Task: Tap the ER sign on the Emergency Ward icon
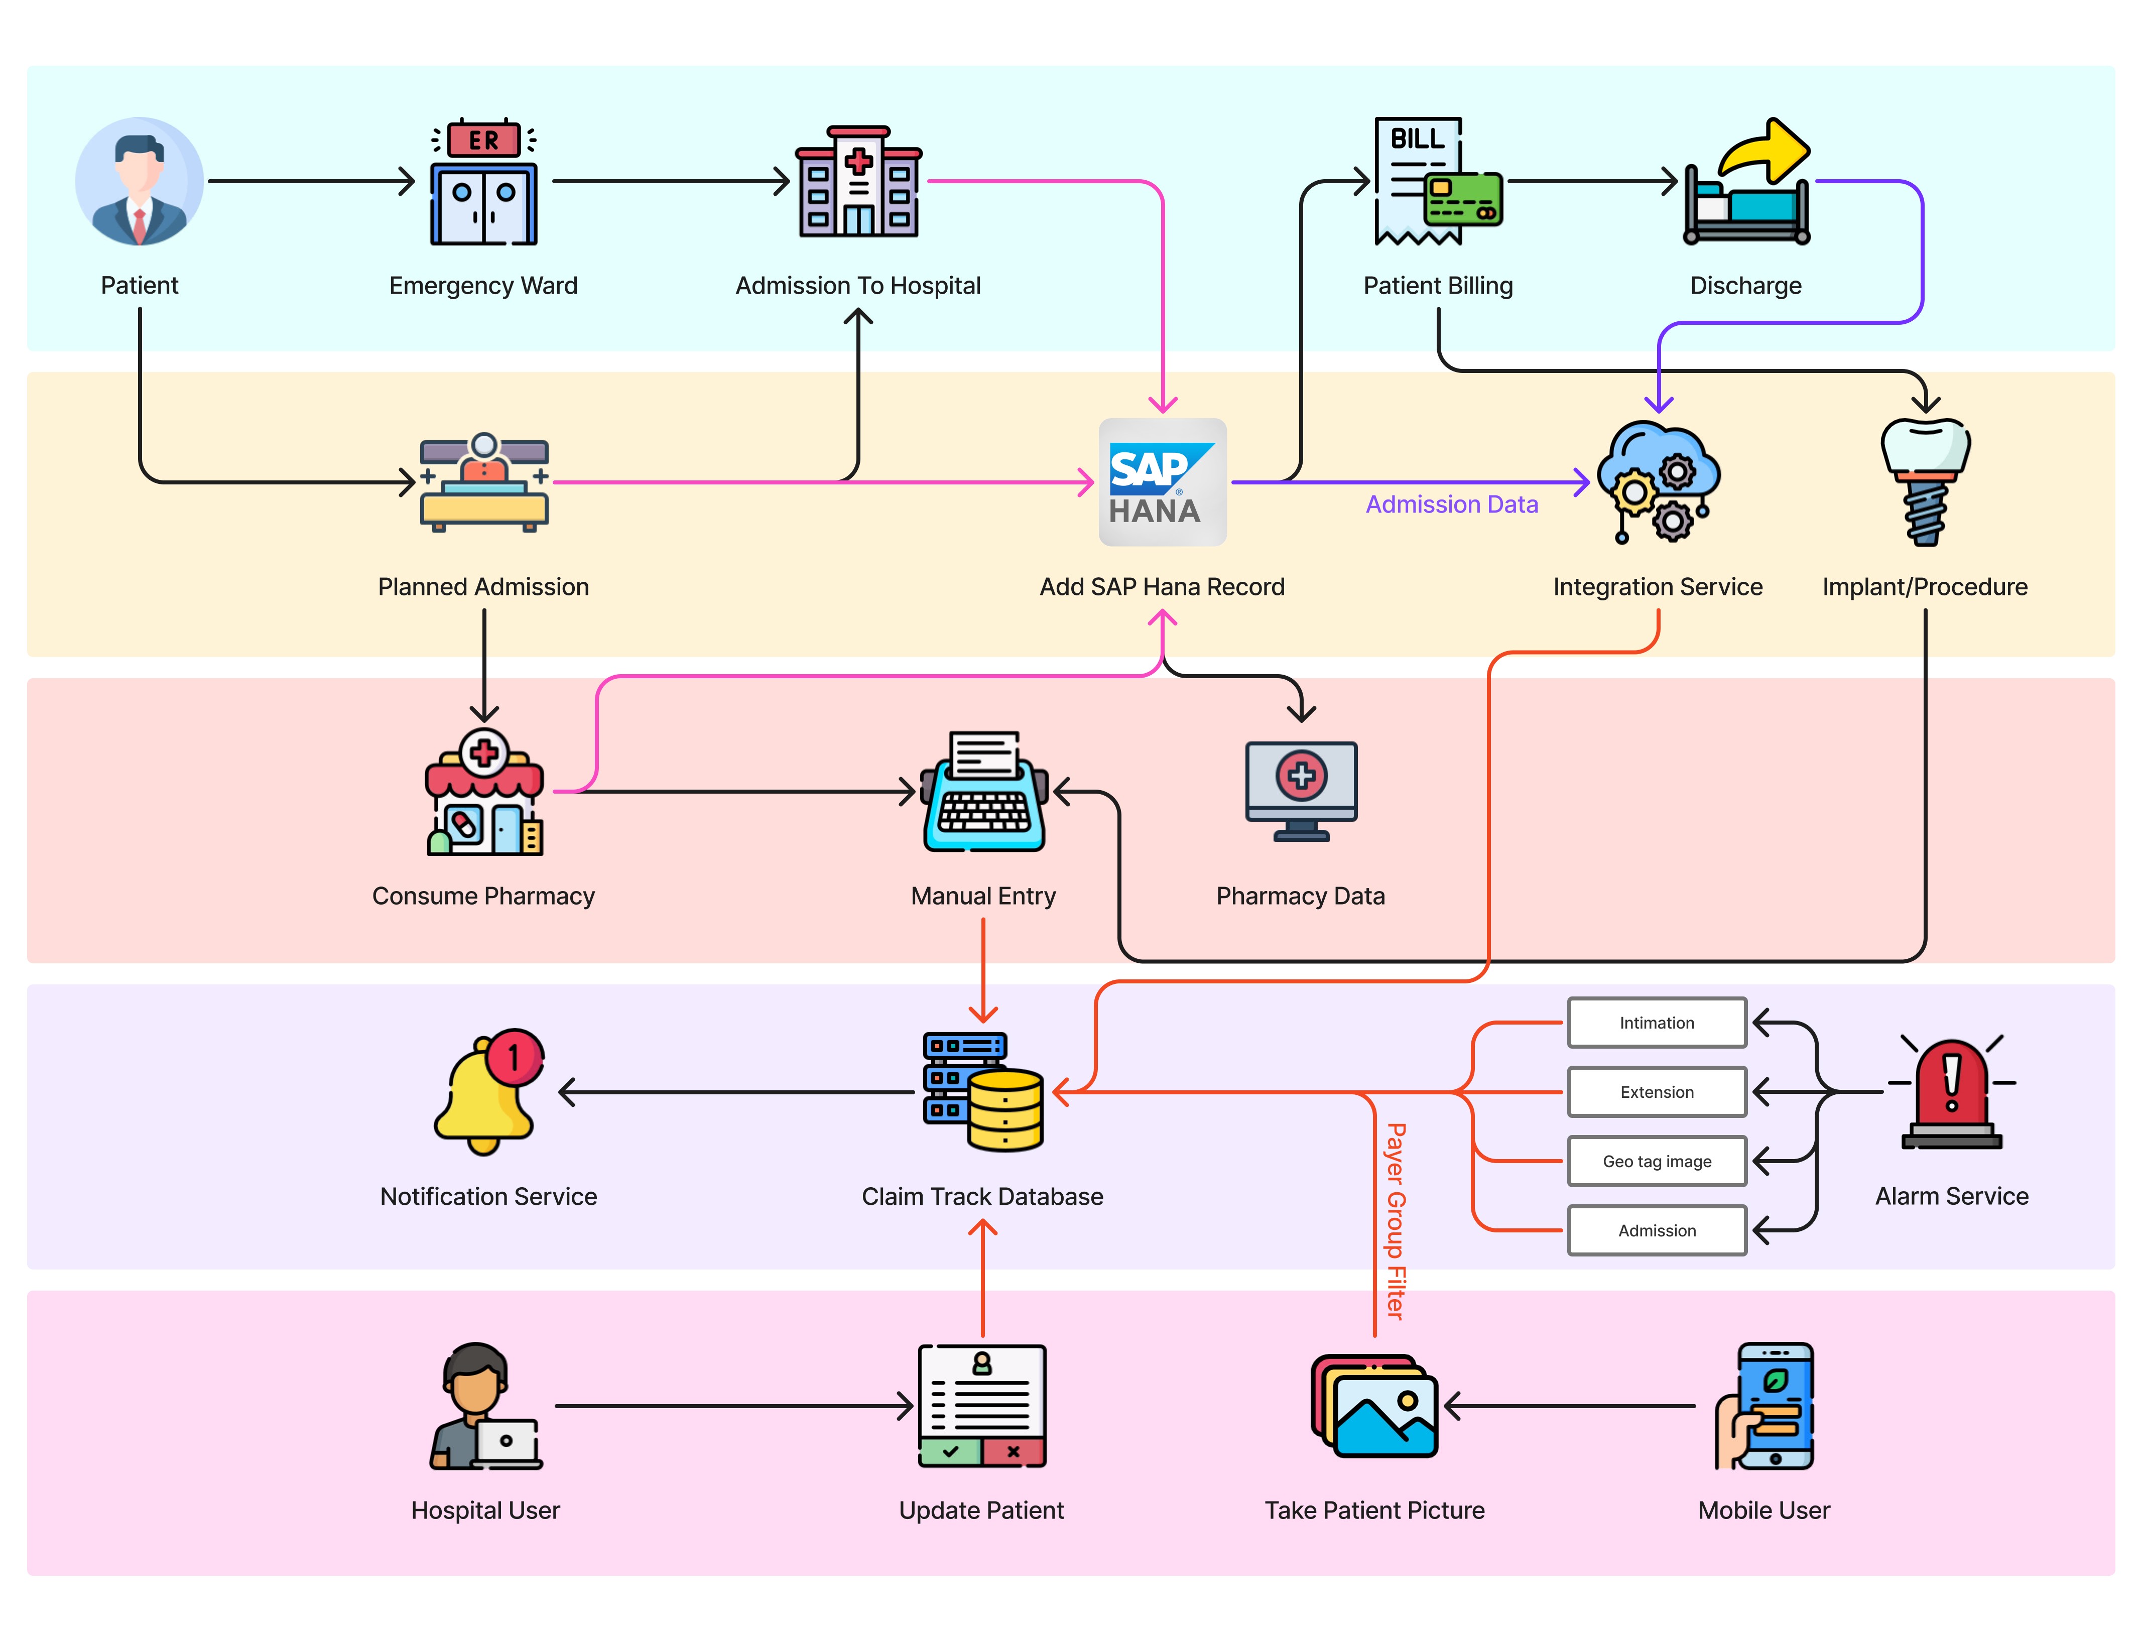(x=483, y=140)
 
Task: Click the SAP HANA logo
(x=1162, y=482)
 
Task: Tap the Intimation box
(x=1657, y=1023)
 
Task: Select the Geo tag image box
(x=1657, y=1162)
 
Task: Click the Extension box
(x=1657, y=1092)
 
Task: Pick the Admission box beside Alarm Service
(x=1657, y=1231)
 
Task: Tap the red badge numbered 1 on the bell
(x=515, y=1057)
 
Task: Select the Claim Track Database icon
(x=983, y=1092)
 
